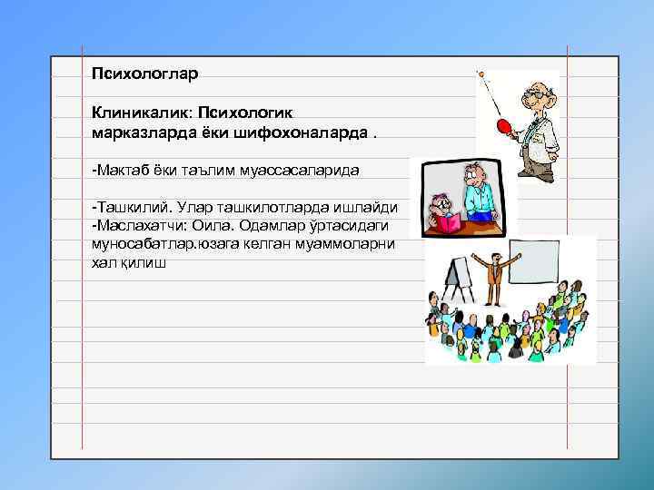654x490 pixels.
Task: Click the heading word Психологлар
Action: click(144, 70)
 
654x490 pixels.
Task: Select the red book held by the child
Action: click(449, 223)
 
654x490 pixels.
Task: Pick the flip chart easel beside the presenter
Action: click(459, 278)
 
